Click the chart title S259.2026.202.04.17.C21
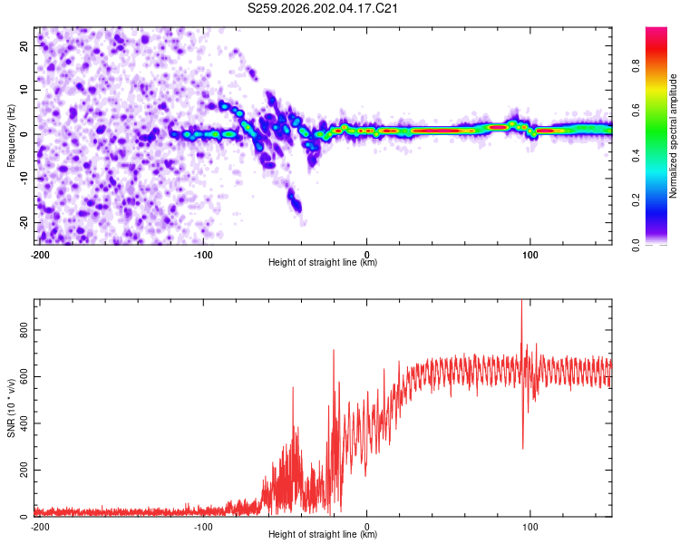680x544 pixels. click(x=322, y=8)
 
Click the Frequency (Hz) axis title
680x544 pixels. click(x=11, y=136)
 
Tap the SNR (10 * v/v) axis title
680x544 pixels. click(x=11, y=408)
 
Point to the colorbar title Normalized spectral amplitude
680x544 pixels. click(x=673, y=136)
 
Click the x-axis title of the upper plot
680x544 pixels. click(x=323, y=262)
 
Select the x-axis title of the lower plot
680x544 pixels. click(x=323, y=534)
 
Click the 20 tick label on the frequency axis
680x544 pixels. click(x=24, y=45)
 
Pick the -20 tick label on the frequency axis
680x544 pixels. click(x=24, y=222)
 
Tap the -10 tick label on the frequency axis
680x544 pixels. click(x=24, y=179)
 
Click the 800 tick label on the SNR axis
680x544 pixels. click(x=24, y=330)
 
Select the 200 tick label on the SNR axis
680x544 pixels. click(x=24, y=470)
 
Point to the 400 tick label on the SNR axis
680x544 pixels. click(x=24, y=423)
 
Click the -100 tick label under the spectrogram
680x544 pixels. click(x=203, y=255)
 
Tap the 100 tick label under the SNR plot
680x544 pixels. click(x=530, y=527)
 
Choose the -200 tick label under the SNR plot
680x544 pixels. click(x=40, y=527)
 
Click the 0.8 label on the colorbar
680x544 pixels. click(x=636, y=66)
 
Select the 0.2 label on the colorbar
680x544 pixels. click(x=636, y=200)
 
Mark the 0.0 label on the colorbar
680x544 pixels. click(x=636, y=246)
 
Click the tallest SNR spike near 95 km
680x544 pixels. click(x=521, y=304)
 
